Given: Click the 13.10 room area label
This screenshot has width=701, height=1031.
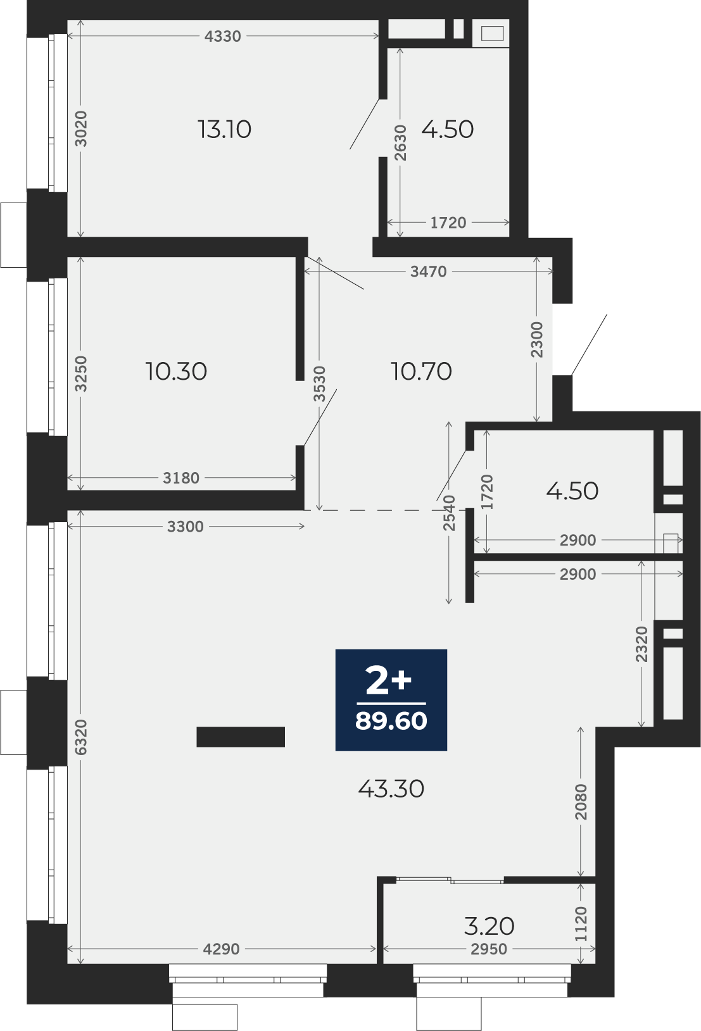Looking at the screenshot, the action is tap(224, 129).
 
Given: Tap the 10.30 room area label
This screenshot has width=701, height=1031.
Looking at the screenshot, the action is tap(176, 371).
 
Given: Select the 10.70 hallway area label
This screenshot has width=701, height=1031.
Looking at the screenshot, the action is tap(421, 371).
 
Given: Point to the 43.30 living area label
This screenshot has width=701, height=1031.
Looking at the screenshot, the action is tap(391, 789).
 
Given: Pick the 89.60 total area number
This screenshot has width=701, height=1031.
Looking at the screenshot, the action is tap(391, 722).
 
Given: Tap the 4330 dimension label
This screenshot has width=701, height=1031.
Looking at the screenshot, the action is tap(222, 36).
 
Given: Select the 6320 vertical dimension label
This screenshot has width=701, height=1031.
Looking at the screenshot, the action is tap(80, 737).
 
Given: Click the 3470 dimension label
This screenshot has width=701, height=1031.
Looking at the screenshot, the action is tap(428, 272).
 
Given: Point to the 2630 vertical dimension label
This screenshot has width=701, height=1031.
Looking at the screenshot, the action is tap(400, 142).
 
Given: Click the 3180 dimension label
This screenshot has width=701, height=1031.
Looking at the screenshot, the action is tap(181, 478).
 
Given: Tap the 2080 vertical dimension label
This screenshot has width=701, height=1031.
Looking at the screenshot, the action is tap(581, 802).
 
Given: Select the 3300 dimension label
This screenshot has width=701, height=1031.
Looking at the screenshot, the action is tap(185, 526).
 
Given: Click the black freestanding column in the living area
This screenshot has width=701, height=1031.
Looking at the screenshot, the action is tap(241, 737).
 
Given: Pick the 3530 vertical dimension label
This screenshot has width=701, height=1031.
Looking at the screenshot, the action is tap(319, 384).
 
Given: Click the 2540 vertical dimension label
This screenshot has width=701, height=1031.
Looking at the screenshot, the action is tap(449, 513).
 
